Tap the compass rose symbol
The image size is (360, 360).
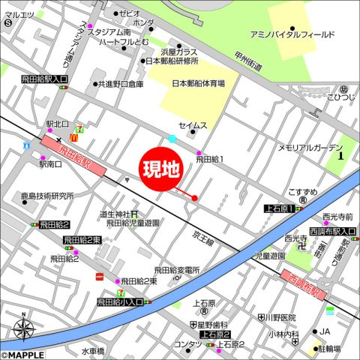[x=24, y=328]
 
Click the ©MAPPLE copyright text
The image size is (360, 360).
[x=23, y=355]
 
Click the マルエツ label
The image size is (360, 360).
[x=19, y=14]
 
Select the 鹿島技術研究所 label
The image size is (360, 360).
[x=46, y=195]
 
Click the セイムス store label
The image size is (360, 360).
[x=193, y=125]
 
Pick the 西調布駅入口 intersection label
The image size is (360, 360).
[x=331, y=231]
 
